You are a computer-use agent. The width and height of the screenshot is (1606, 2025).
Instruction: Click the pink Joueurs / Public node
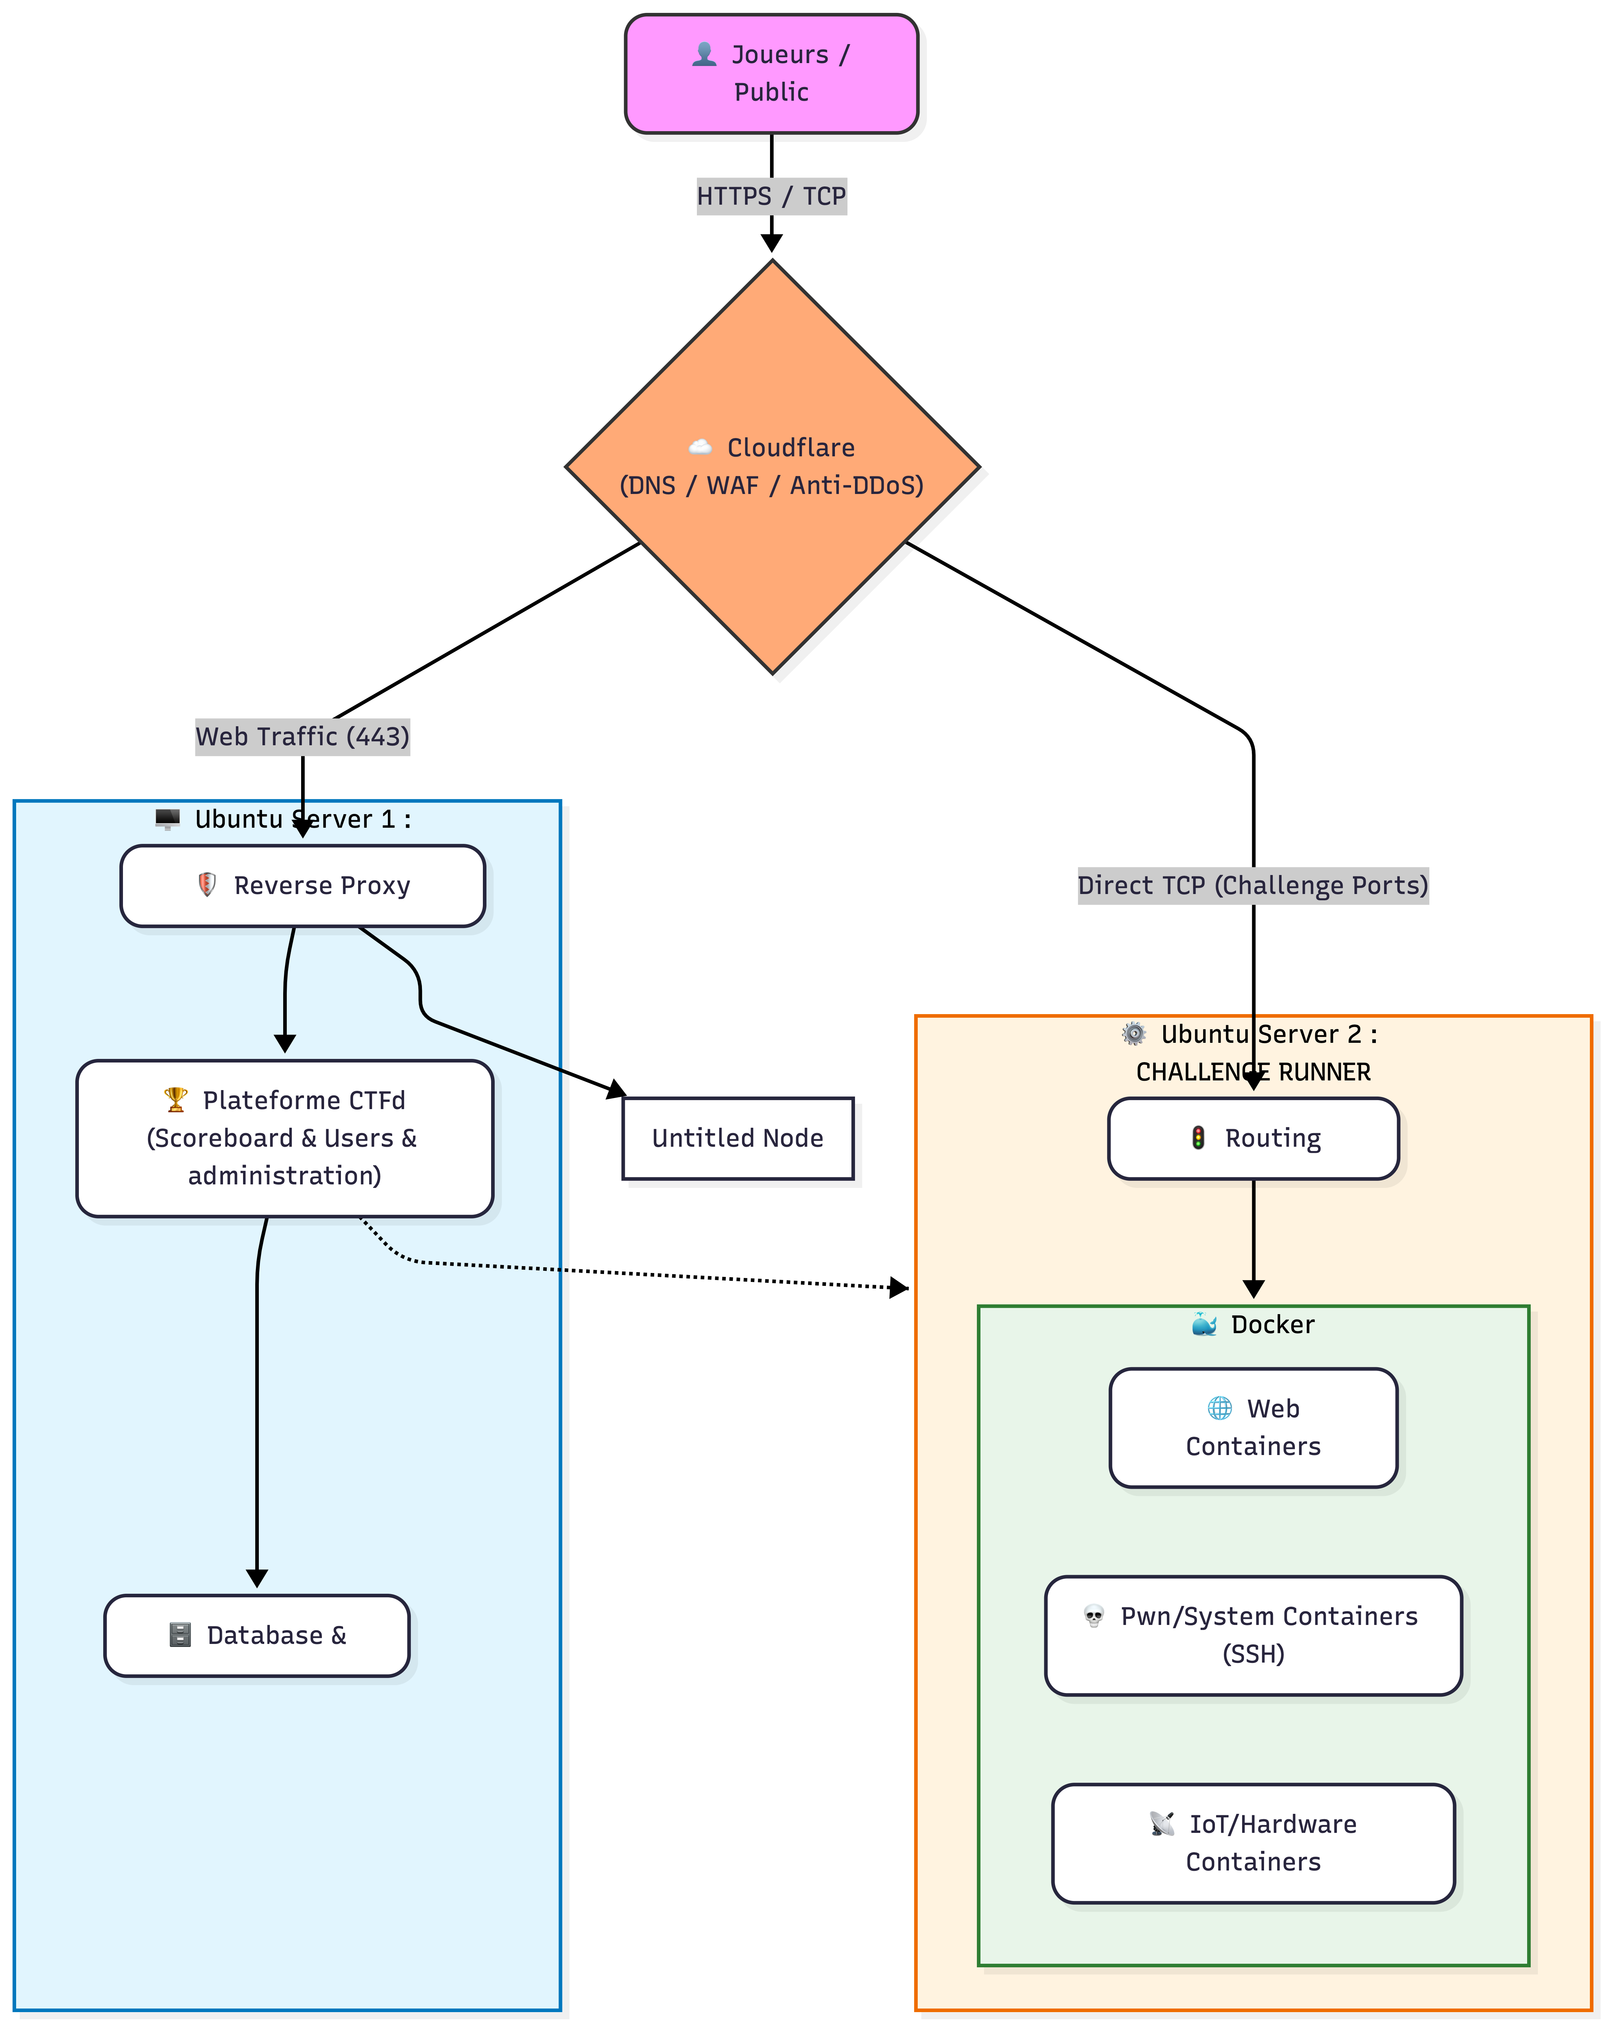(x=771, y=73)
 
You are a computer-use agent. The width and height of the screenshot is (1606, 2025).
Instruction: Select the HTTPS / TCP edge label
(x=771, y=196)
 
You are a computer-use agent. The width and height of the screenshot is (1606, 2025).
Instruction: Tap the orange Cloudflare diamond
(x=772, y=467)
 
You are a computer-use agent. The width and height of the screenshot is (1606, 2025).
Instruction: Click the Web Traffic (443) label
(x=303, y=736)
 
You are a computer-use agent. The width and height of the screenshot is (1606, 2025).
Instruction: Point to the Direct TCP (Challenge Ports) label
(x=1253, y=886)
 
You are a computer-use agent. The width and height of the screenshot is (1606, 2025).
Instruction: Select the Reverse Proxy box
(x=303, y=886)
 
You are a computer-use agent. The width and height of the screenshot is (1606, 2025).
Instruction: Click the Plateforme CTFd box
(x=285, y=1139)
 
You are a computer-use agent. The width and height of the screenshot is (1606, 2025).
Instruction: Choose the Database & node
(x=256, y=1635)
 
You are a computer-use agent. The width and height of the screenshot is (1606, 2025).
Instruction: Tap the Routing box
(x=1253, y=1139)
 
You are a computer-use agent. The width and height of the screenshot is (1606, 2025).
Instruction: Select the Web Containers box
(x=1253, y=1428)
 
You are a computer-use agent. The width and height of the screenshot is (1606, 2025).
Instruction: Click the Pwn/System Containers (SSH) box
(x=1253, y=1635)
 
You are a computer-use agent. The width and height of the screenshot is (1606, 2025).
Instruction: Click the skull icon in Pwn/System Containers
(x=1093, y=1616)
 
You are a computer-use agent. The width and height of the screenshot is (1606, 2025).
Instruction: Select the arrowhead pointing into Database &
(x=256, y=1578)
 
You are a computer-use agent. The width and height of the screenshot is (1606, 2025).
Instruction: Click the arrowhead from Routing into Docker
(x=1253, y=1289)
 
